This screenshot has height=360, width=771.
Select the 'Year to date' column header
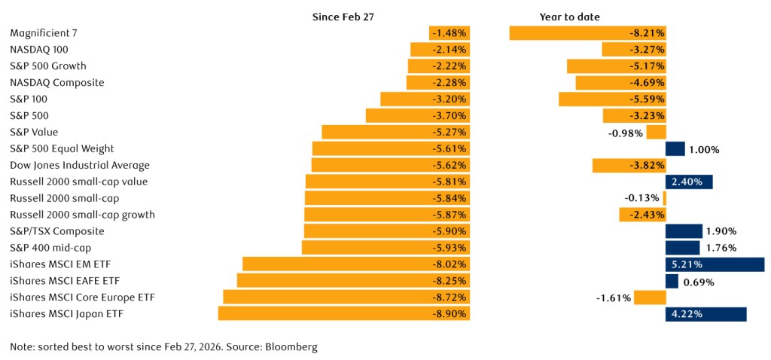[x=569, y=17]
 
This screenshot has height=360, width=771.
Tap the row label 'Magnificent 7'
[x=44, y=33]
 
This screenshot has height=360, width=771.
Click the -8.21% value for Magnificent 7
[x=646, y=33]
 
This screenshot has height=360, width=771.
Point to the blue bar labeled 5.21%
[x=715, y=264]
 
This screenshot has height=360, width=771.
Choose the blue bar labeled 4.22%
[x=705, y=314]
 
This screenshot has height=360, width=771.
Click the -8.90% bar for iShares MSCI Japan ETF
[x=344, y=314]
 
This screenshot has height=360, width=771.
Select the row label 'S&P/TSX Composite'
[x=56, y=231]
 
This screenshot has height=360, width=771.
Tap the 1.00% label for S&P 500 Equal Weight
[x=704, y=149]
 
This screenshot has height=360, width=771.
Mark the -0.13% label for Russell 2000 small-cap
[x=642, y=198]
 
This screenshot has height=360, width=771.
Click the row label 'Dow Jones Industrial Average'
[x=80, y=165]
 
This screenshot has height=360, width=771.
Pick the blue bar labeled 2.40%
[x=689, y=182]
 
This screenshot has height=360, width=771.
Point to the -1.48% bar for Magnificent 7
[x=449, y=33]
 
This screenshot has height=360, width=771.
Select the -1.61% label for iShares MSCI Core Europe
[x=613, y=297]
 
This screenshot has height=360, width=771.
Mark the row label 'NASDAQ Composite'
[x=57, y=83]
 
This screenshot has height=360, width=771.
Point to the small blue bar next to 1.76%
[x=682, y=248]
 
